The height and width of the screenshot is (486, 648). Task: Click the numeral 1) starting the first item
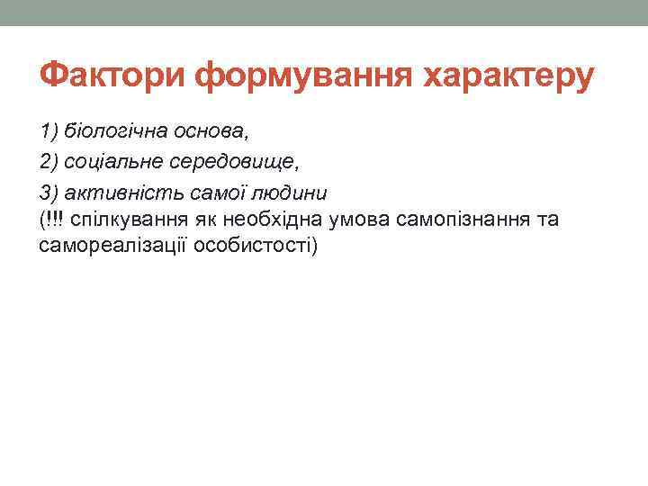(x=49, y=131)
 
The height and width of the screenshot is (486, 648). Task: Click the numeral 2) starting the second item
(x=49, y=162)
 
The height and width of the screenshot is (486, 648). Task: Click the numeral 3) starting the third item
(x=49, y=193)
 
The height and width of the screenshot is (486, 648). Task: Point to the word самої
(x=211, y=193)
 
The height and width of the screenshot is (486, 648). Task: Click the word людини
(x=285, y=193)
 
